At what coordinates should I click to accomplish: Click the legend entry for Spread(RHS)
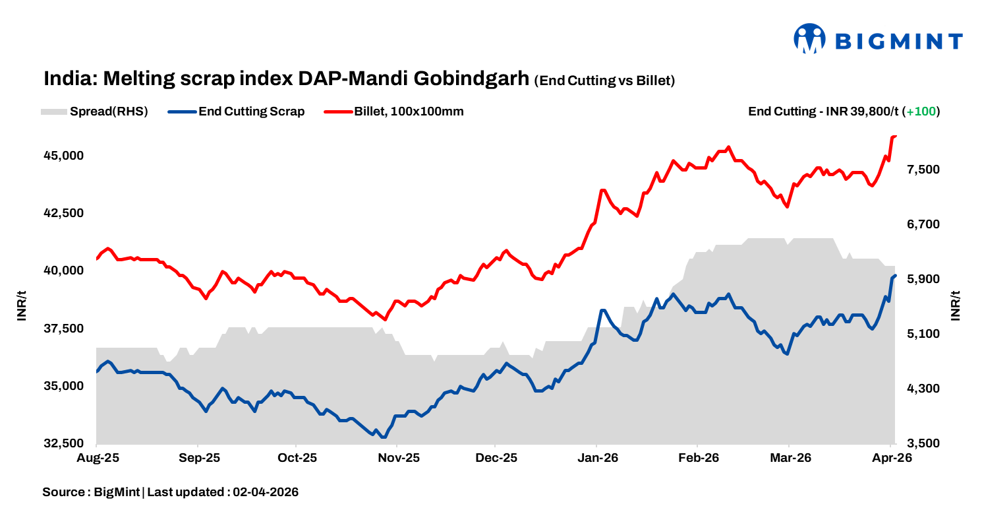tap(94, 112)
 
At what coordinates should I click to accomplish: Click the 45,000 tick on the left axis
tap(64, 156)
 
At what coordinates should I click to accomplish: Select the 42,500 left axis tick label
tap(64, 213)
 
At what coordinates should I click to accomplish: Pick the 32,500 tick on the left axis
tap(64, 443)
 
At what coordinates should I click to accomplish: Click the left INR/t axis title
tap(22, 305)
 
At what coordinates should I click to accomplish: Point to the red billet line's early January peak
tap(602, 190)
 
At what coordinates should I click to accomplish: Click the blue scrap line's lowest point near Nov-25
tap(384, 437)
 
